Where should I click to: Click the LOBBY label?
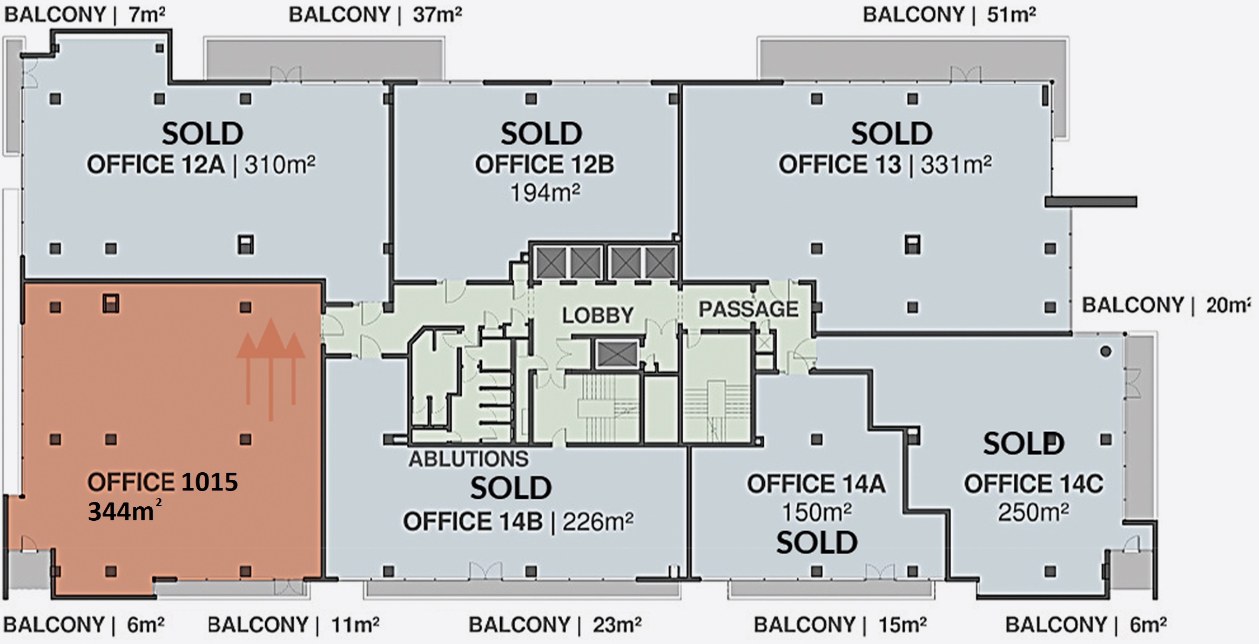(x=598, y=315)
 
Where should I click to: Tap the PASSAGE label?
(x=749, y=309)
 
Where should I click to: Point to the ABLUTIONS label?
(x=468, y=459)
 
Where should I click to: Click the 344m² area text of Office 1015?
(x=125, y=511)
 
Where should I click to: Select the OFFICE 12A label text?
(x=156, y=164)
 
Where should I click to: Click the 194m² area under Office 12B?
(x=546, y=192)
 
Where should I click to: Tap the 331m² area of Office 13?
(x=956, y=164)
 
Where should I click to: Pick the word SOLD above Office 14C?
(x=1024, y=444)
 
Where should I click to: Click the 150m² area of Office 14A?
(x=817, y=512)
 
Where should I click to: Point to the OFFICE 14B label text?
(x=473, y=522)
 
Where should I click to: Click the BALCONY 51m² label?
(x=949, y=15)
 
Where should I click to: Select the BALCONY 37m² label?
(x=375, y=15)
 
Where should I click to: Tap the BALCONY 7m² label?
(x=85, y=15)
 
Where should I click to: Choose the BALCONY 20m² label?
(x=1166, y=305)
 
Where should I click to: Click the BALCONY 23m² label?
(x=555, y=625)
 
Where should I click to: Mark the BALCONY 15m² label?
(x=840, y=625)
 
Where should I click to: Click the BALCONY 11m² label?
(x=293, y=625)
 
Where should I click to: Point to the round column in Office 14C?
(x=1106, y=352)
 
